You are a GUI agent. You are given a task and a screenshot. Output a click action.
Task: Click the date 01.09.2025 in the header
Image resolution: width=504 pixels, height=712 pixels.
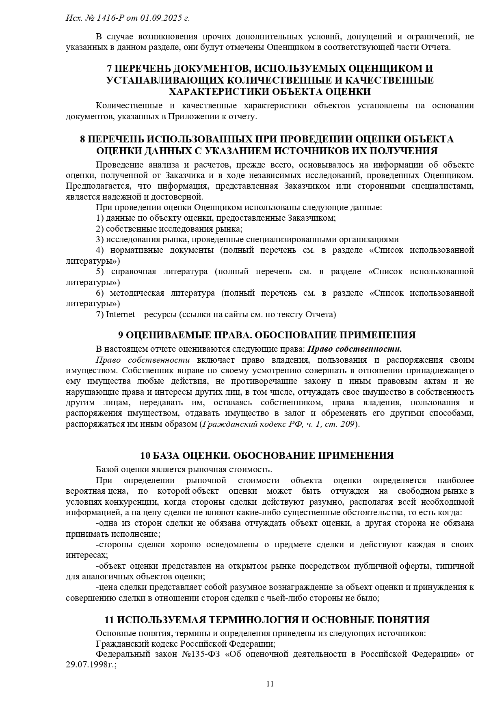pos(160,18)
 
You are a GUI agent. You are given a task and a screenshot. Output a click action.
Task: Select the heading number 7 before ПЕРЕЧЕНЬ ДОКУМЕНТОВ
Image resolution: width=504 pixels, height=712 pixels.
pos(109,68)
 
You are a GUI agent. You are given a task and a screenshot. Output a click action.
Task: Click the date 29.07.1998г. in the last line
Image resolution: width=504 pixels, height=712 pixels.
pos(91,665)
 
